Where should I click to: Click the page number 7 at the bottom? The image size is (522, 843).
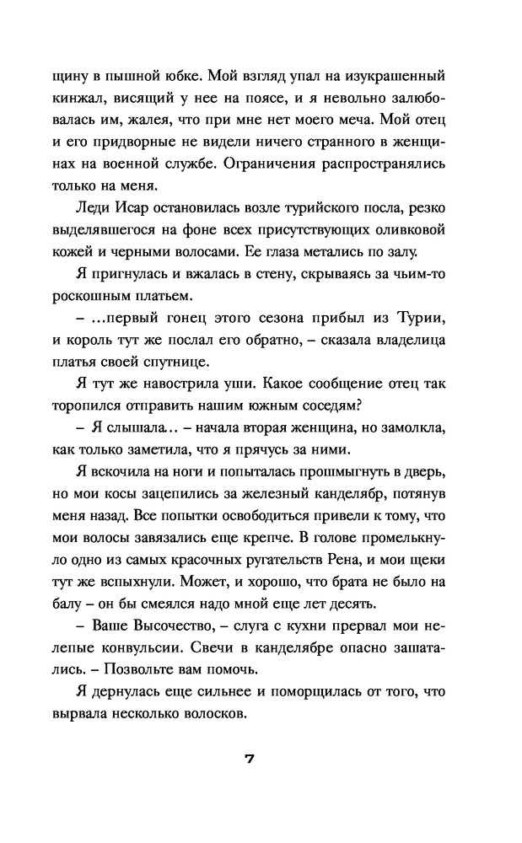pyautogui.click(x=250, y=758)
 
